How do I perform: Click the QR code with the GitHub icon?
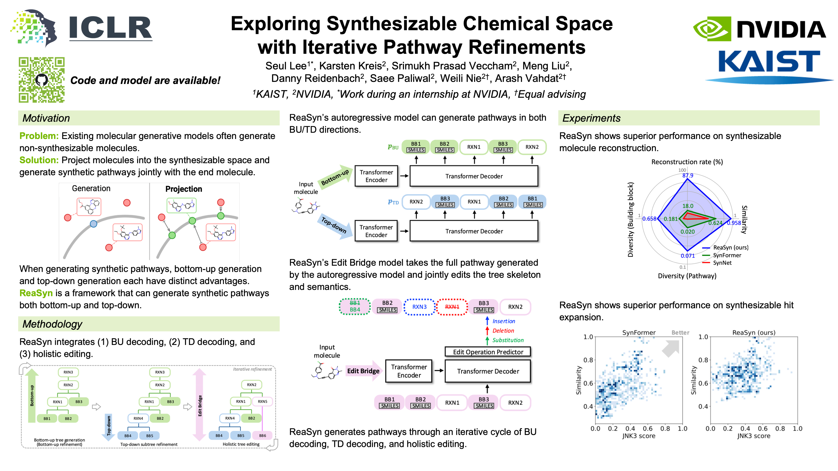(42, 80)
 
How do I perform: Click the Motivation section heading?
(46, 118)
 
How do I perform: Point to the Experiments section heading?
(591, 118)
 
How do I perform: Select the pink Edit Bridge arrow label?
(363, 371)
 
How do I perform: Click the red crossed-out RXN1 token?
(452, 307)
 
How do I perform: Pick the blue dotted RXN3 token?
(419, 307)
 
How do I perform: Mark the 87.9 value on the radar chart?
(688, 176)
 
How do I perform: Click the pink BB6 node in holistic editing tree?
(262, 436)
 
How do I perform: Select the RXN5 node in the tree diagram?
(262, 402)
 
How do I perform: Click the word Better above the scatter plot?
(680, 333)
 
